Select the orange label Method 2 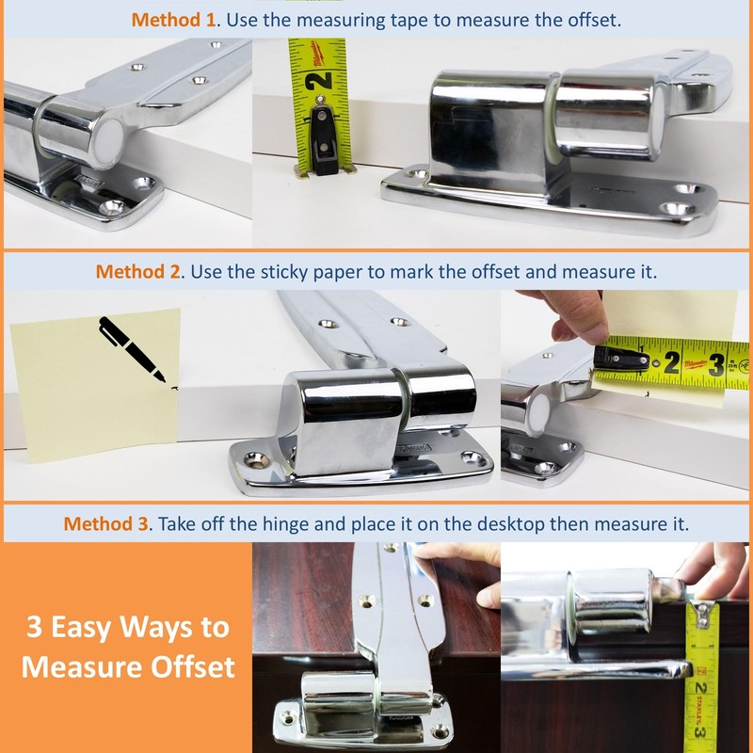coord(137,272)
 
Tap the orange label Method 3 coord(105,523)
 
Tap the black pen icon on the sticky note coord(132,347)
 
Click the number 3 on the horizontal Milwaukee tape coord(715,363)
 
